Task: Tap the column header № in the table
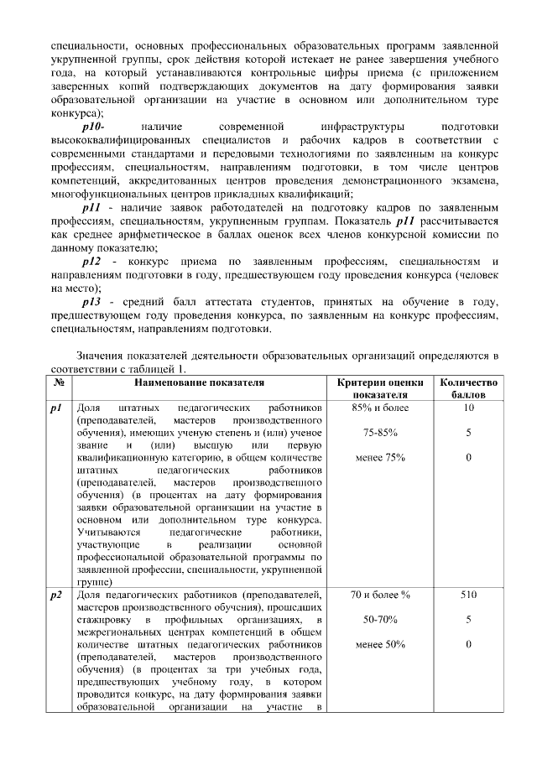pos(60,382)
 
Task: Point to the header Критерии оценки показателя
pos(380,388)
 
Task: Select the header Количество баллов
pos(468,388)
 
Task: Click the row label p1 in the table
pos(58,408)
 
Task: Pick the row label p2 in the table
pos(58,595)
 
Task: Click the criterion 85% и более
pos(380,408)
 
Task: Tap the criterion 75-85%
pos(380,433)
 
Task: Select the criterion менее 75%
pos(380,458)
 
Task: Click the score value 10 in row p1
pos(468,408)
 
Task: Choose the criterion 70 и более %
pos(380,595)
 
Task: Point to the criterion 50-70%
pos(380,620)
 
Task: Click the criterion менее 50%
pos(380,644)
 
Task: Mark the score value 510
pos(468,595)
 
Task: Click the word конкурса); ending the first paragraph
pos(77,112)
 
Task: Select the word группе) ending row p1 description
pos(95,580)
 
